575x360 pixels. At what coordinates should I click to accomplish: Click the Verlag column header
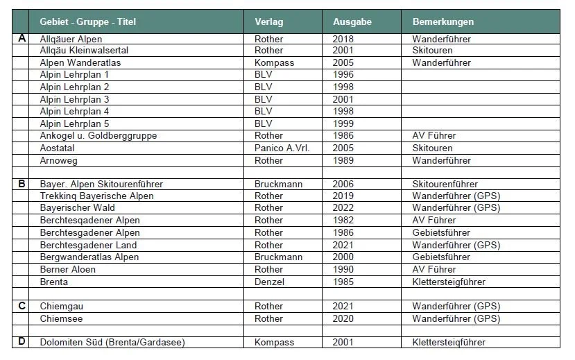(x=269, y=22)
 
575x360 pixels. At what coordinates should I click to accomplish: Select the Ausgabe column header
(x=352, y=22)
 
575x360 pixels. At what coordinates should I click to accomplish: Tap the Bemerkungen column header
(x=443, y=22)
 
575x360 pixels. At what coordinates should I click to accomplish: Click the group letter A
(x=22, y=38)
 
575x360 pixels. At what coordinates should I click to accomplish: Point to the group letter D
(x=22, y=342)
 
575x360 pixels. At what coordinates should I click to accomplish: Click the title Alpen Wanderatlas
(x=80, y=63)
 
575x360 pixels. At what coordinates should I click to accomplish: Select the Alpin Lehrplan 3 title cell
(x=75, y=99)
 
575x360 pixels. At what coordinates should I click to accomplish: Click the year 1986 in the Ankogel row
(x=343, y=136)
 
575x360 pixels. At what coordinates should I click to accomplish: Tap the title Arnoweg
(x=60, y=160)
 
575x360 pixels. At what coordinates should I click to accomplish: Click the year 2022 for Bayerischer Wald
(x=343, y=208)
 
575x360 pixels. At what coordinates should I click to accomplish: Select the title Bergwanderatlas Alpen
(x=89, y=257)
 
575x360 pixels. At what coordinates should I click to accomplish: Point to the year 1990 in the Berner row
(x=343, y=269)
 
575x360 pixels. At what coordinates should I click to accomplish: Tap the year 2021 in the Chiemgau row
(x=343, y=306)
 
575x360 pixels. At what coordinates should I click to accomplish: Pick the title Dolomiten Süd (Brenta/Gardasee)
(x=112, y=343)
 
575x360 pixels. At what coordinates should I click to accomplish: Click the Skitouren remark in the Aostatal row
(x=432, y=148)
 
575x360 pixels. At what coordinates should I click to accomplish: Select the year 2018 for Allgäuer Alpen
(x=343, y=39)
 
